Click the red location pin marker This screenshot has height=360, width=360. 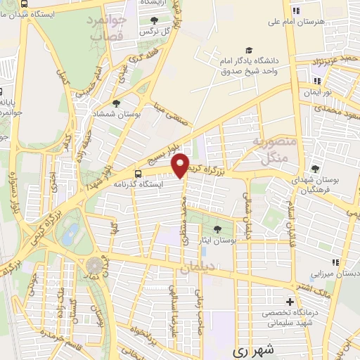181,165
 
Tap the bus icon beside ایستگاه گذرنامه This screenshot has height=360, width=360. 139,173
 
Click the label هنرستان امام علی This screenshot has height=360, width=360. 320,22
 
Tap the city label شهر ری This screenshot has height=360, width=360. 250,349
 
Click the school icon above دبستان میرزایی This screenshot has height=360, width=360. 335,262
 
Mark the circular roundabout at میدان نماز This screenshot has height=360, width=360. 94,265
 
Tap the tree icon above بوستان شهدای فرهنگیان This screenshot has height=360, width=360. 314,167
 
